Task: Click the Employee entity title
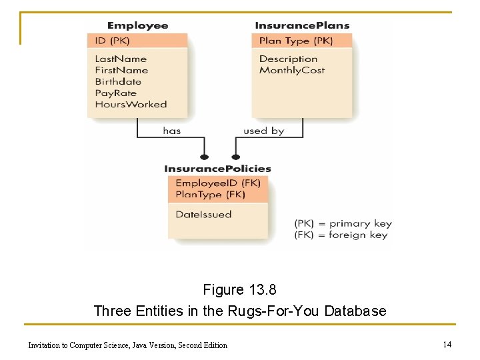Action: pos(137,25)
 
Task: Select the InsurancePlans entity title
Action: pos(302,25)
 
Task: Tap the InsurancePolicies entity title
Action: pos(217,169)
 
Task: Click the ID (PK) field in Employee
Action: pos(112,41)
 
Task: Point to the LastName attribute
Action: pos(121,59)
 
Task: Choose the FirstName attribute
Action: pos(121,70)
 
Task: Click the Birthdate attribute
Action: pos(118,81)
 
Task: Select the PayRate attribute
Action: pos(115,93)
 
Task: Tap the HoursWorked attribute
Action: pos(131,105)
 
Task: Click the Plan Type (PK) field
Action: pos(295,41)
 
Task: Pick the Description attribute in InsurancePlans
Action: pos(288,59)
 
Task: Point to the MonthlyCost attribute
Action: pos(291,70)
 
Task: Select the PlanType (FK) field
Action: pos(210,195)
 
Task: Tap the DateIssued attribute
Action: pos(203,215)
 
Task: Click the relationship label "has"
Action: pos(171,131)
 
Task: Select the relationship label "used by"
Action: pos(263,131)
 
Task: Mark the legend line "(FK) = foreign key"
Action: pos(341,235)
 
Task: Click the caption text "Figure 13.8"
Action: pos(239,290)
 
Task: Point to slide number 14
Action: pos(447,344)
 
